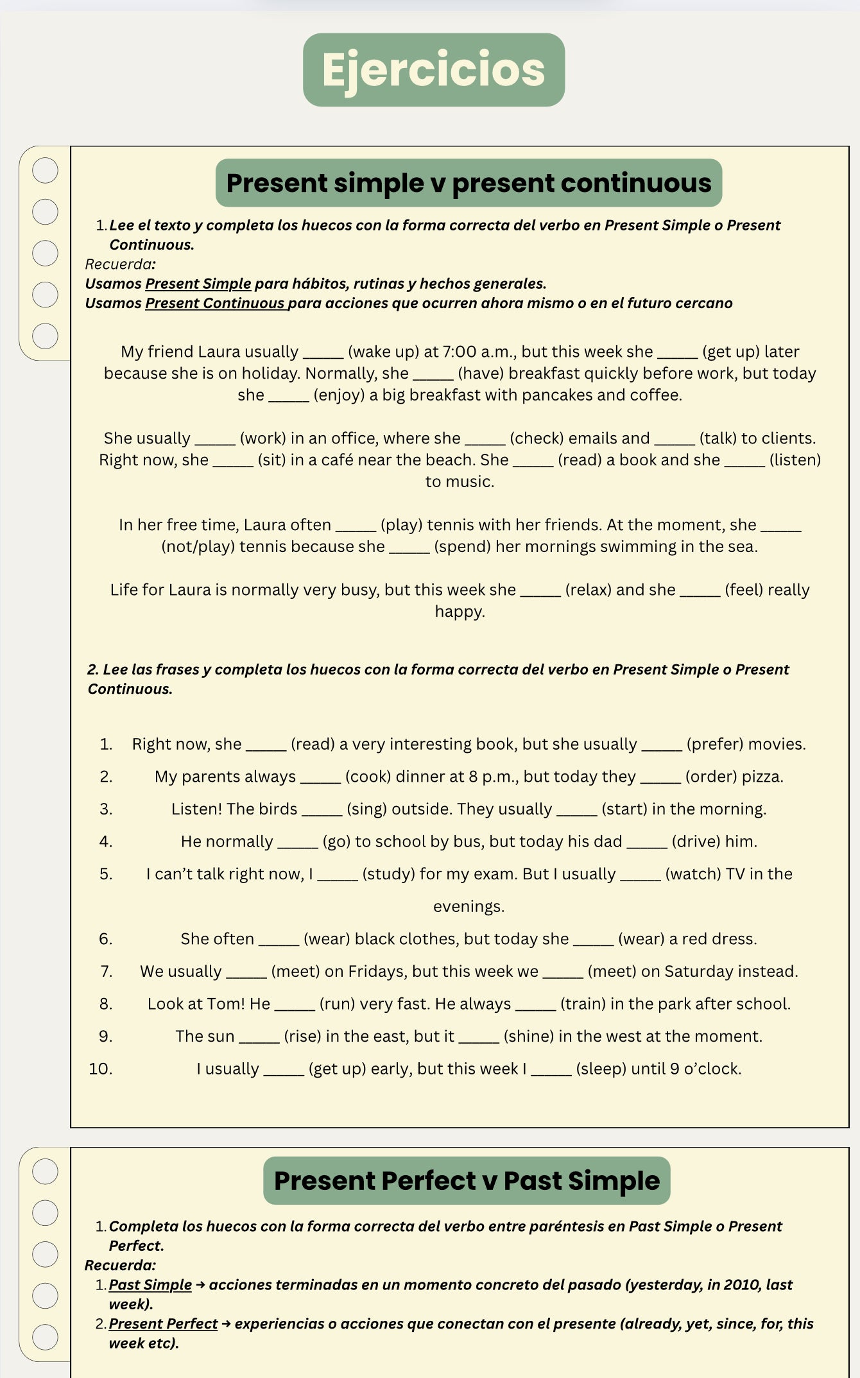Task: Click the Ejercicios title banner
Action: [x=434, y=70]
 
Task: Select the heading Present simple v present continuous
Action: [x=469, y=183]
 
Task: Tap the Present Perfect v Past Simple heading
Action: [x=467, y=1181]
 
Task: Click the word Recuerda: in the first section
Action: [x=121, y=264]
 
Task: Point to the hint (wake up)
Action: [x=383, y=352]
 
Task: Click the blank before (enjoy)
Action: [x=288, y=396]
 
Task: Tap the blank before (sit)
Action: [x=233, y=461]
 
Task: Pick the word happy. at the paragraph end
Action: [x=460, y=611]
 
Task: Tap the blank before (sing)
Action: [x=322, y=810]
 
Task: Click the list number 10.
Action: [x=101, y=1069]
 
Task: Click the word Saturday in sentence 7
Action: [x=701, y=971]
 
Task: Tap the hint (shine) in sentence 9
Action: [x=529, y=1036]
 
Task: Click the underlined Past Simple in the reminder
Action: [x=150, y=1284]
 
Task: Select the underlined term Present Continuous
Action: [x=216, y=303]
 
